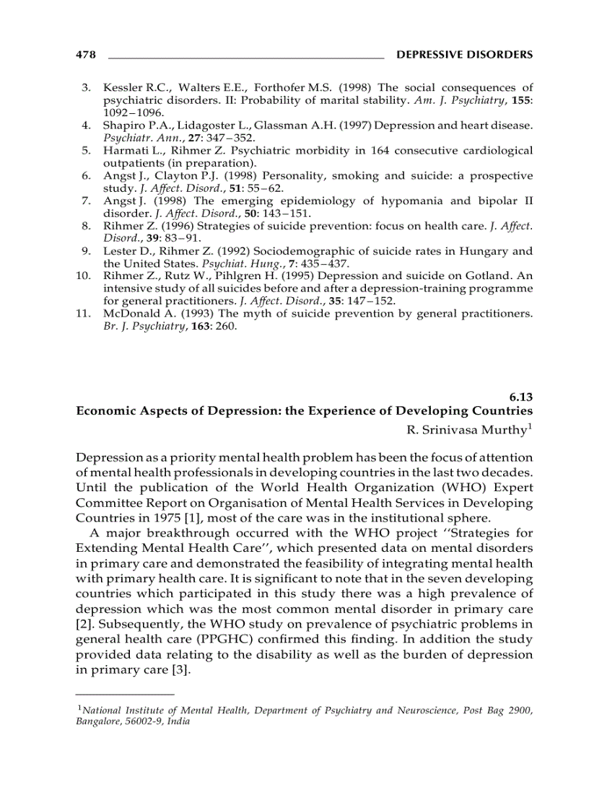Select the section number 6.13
click(520, 396)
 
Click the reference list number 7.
click(85, 201)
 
